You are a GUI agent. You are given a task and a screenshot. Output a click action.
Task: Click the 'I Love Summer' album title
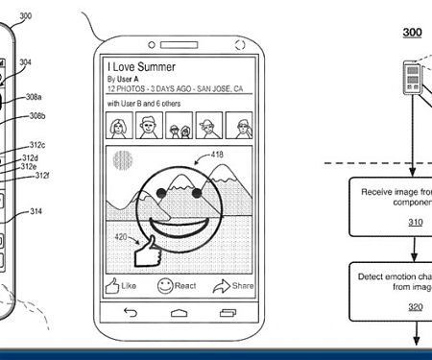click(141, 66)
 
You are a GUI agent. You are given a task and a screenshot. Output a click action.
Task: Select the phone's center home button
click(177, 314)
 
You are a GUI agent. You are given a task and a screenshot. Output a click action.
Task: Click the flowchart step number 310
click(415, 223)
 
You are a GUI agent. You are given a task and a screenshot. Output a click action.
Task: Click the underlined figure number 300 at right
click(412, 33)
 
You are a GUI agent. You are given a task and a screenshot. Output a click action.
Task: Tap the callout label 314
click(36, 211)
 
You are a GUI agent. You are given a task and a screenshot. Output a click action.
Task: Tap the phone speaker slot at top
click(178, 35)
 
